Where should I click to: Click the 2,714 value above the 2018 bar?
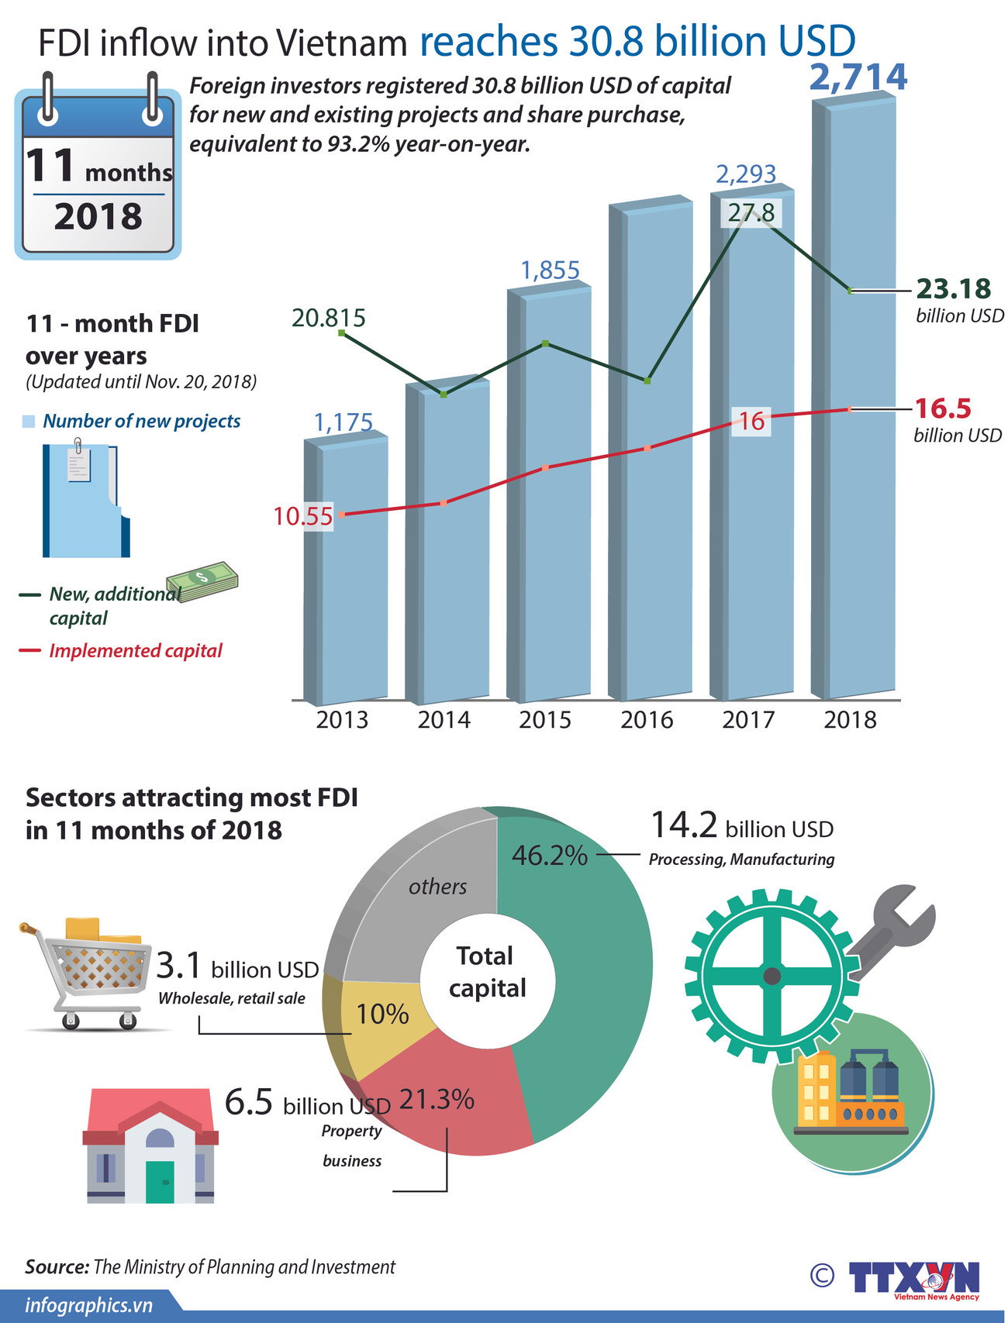[858, 77]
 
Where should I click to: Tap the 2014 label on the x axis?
[444, 720]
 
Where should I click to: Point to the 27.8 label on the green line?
[751, 213]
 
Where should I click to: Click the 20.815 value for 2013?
[328, 318]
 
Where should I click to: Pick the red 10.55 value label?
[302, 516]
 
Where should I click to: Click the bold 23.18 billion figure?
[953, 289]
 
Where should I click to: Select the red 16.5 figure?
[943, 408]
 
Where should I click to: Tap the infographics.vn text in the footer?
[88, 1306]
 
